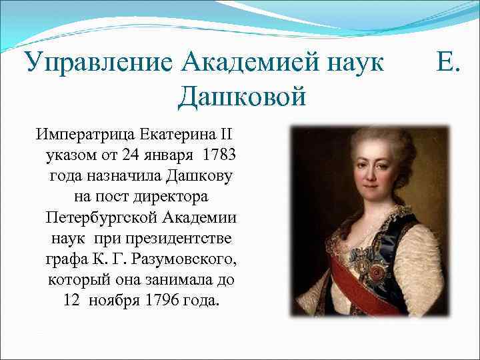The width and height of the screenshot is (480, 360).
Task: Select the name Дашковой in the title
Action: [241, 98]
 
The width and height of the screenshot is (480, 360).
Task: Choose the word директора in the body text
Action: [169, 197]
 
